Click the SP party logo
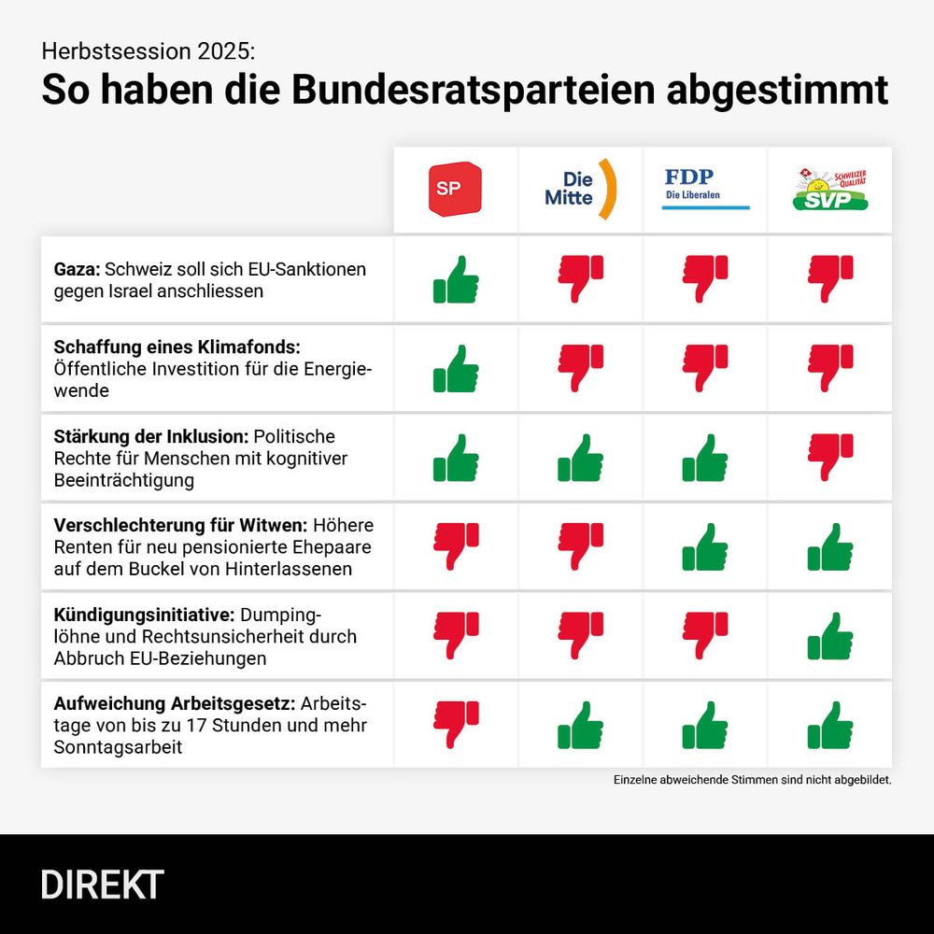click(x=455, y=190)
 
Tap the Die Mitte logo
click(x=580, y=189)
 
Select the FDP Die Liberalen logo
click(x=705, y=188)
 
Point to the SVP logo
click(x=829, y=190)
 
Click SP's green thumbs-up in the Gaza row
click(x=456, y=279)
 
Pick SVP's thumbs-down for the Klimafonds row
click(x=830, y=367)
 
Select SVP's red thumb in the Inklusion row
click(x=830, y=457)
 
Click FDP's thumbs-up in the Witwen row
click(x=705, y=546)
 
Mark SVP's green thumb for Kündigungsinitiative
click(x=830, y=636)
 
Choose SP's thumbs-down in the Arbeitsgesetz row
click(x=456, y=724)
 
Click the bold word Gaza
click(x=77, y=269)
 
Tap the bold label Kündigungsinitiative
click(x=144, y=615)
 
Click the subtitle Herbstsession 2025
click(x=147, y=50)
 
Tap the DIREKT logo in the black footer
click(x=102, y=884)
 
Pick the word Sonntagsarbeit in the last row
click(x=119, y=746)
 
